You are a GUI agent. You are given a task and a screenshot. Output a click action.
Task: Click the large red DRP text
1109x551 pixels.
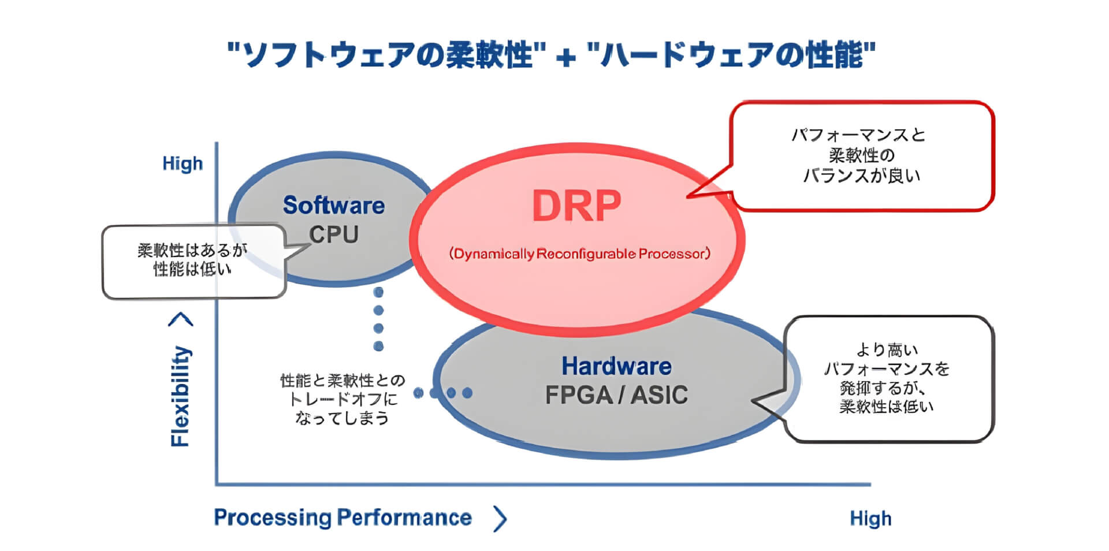(576, 206)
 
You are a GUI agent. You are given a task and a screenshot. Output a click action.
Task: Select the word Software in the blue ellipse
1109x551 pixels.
(333, 205)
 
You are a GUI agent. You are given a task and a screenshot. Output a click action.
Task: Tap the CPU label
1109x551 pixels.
(333, 234)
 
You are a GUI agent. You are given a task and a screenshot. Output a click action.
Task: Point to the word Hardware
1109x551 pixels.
(616, 366)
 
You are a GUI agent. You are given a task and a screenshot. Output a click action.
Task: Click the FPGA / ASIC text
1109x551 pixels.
(616, 395)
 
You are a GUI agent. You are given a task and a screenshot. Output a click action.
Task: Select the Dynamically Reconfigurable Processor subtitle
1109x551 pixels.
(579, 254)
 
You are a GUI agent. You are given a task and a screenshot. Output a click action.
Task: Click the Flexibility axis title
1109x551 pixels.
(180, 396)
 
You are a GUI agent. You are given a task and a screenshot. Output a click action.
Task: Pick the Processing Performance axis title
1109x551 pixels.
(343, 518)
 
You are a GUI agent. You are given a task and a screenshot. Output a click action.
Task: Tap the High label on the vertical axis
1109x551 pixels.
(183, 163)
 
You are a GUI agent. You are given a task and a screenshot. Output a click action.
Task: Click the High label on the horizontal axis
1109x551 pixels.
(870, 519)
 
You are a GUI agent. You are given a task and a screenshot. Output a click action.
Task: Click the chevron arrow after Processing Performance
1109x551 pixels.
(500, 519)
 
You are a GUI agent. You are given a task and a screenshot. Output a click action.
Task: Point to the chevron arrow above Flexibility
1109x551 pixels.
(181, 319)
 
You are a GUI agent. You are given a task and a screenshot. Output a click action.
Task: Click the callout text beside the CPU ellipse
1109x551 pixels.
(192, 259)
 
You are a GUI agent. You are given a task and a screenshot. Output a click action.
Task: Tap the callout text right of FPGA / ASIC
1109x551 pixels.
(887, 378)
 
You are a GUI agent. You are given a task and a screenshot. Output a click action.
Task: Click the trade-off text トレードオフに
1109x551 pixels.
(343, 399)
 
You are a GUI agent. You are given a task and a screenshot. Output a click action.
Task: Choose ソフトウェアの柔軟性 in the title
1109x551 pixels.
(386, 55)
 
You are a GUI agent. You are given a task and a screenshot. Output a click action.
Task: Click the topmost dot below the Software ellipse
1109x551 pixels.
(378, 292)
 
